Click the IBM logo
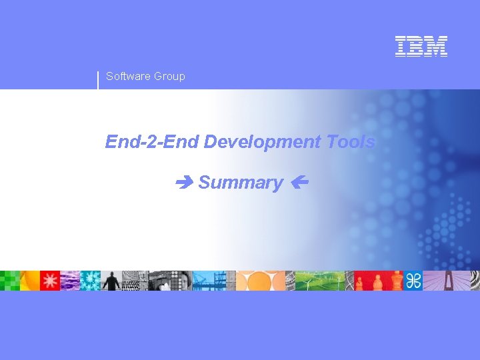click(x=421, y=46)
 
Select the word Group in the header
click(x=169, y=76)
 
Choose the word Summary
click(x=241, y=183)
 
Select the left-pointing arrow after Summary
click(x=298, y=182)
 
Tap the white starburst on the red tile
click(x=50, y=281)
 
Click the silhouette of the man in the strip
click(x=111, y=281)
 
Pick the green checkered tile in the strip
click(x=10, y=281)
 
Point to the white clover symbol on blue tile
click(x=413, y=281)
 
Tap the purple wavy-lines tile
click(x=70, y=281)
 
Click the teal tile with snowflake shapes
click(x=91, y=281)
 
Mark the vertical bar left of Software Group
click(x=98, y=79)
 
